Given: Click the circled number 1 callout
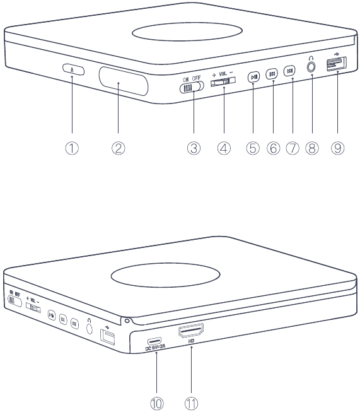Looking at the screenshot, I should point(73,149).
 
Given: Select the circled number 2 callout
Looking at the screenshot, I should point(119,149).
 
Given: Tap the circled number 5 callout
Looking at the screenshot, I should point(253,149).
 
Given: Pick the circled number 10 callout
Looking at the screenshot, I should point(156,401).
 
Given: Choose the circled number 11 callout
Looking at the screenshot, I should point(191,401).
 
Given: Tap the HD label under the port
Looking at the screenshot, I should point(191,341).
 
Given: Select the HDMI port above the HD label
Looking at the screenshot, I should point(192,331).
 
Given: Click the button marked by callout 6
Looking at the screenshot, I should point(272,73).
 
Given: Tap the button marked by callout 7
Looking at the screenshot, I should point(289,72).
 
